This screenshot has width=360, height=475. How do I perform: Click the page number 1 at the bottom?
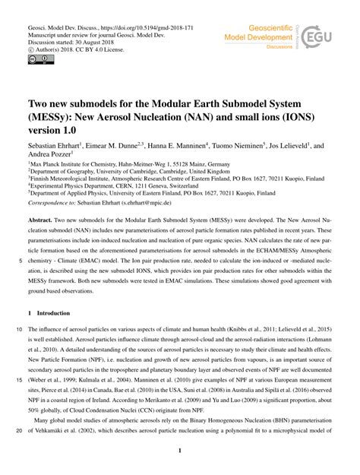(x=180, y=453)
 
